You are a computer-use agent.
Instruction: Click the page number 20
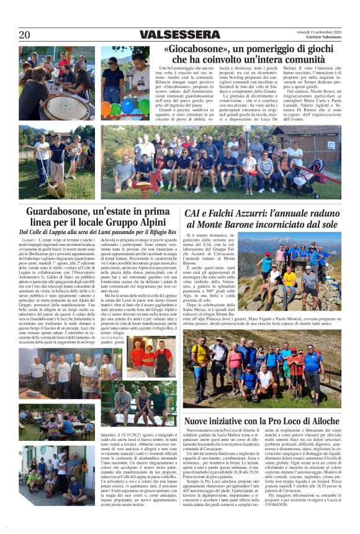click(x=24, y=35)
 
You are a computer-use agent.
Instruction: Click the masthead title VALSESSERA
click(x=175, y=35)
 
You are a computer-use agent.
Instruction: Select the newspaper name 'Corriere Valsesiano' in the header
click(x=321, y=38)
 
